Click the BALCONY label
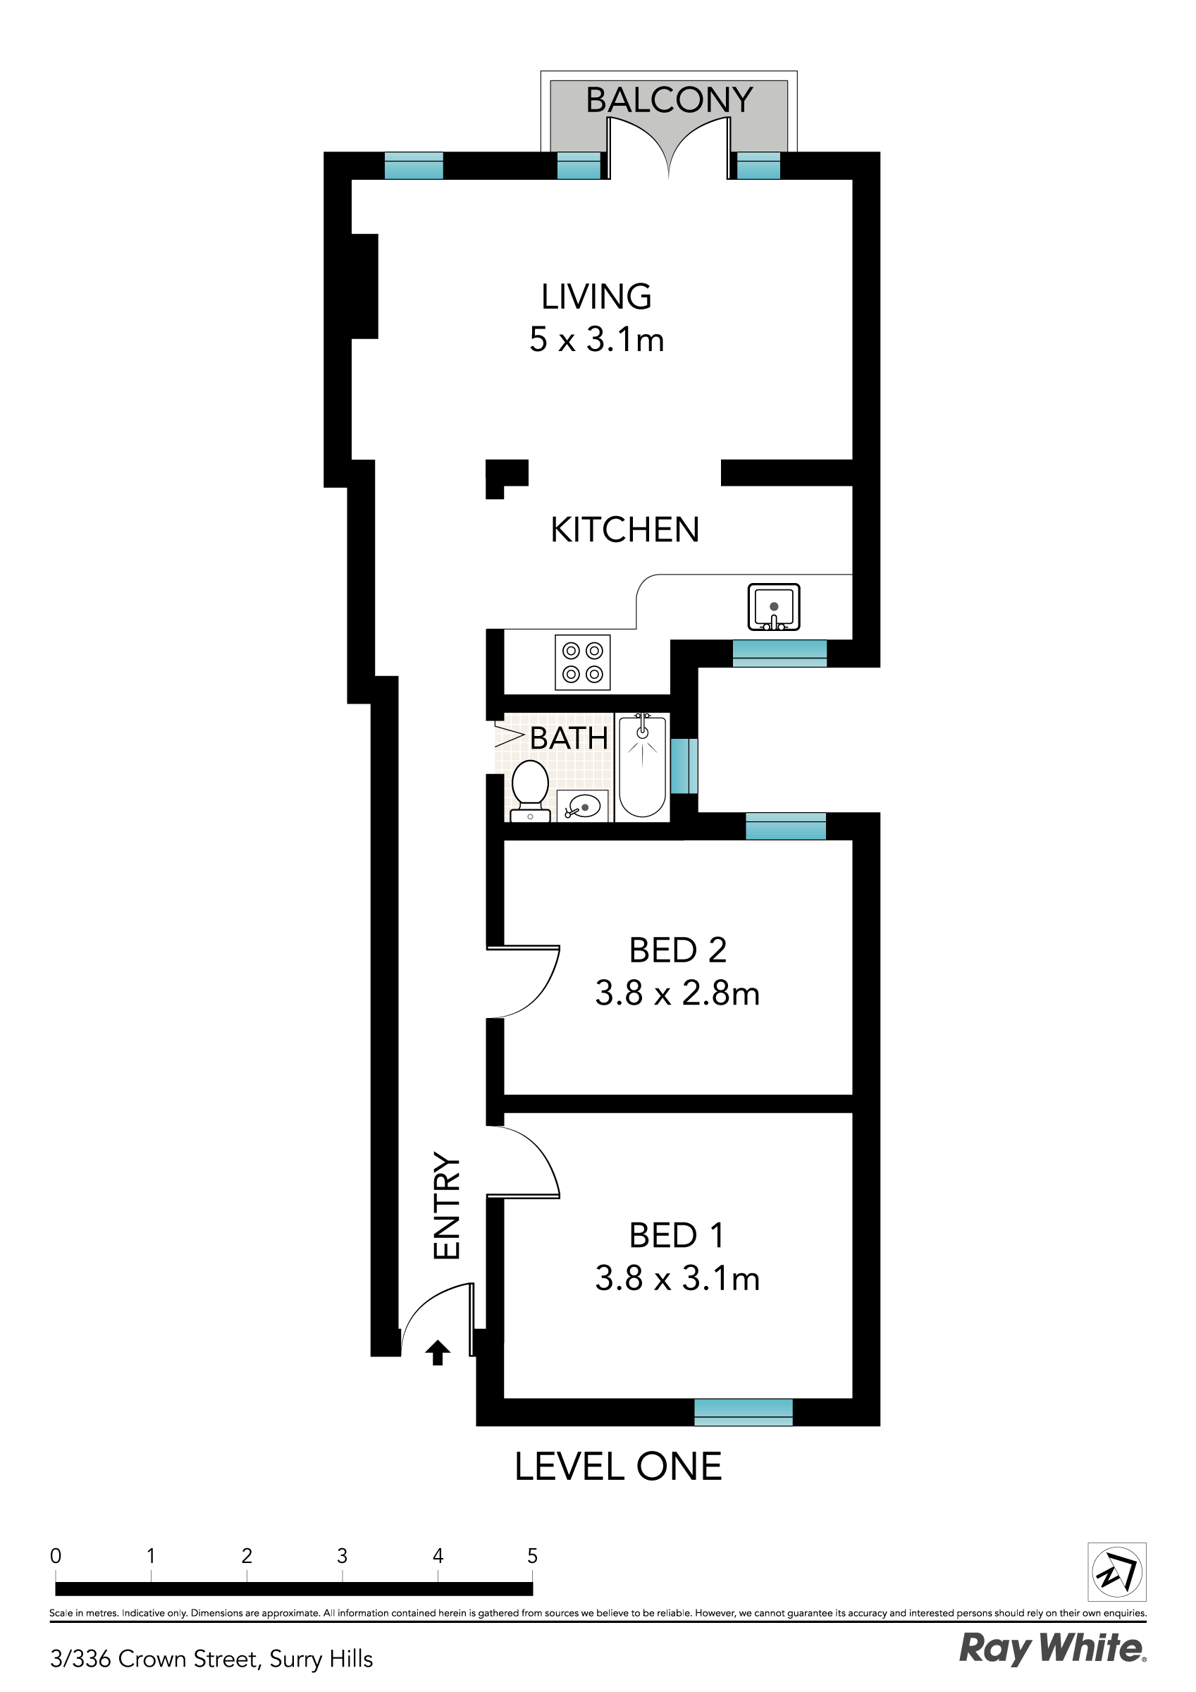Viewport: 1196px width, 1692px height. tap(668, 100)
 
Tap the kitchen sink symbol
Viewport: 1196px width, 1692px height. tap(773, 607)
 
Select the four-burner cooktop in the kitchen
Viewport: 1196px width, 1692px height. tap(582, 662)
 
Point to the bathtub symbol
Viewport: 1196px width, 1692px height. tap(642, 766)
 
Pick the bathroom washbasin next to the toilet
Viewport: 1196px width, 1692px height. tap(582, 807)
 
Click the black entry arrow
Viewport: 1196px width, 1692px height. tap(437, 1351)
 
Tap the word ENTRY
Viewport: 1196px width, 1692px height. tap(447, 1205)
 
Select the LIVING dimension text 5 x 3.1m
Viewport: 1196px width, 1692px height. tap(596, 340)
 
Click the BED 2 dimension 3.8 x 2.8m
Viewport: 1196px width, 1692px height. tap(677, 993)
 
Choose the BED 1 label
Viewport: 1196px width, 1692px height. tap(677, 1235)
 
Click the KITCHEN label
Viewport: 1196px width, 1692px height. tap(624, 530)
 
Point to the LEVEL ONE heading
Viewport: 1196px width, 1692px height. tap(617, 1466)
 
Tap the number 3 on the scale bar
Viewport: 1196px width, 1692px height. tap(342, 1556)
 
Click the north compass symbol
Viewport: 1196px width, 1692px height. tap(1116, 1572)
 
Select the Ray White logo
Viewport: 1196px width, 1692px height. tap(1052, 1648)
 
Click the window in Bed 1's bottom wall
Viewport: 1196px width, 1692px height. tap(743, 1412)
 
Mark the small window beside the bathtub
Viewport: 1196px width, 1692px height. tap(684, 766)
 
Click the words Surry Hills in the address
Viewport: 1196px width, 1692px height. tap(321, 1658)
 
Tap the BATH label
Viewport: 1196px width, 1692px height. tap(568, 738)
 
